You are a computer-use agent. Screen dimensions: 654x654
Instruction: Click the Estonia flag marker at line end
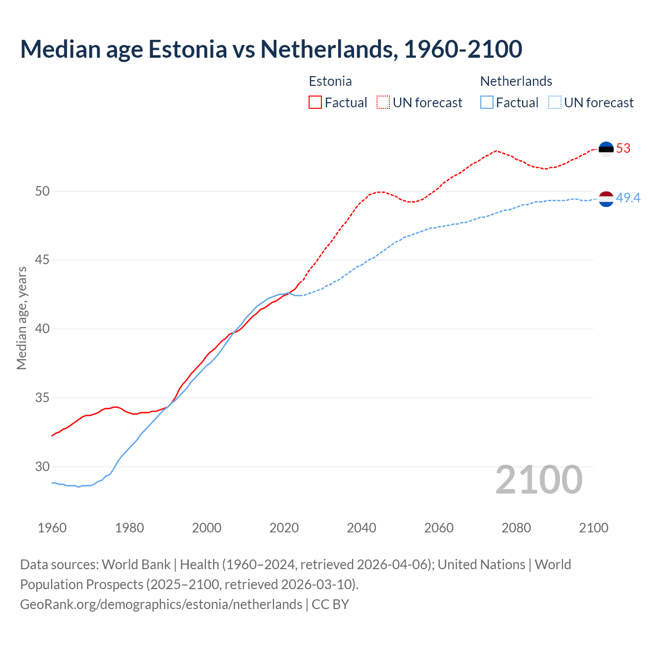coord(606,149)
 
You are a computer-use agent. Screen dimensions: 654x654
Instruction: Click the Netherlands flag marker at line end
coord(606,199)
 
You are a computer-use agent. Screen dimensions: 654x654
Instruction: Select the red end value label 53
coord(623,149)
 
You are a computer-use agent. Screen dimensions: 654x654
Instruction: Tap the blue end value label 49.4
coord(628,198)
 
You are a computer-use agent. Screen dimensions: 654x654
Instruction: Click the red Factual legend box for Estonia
coord(315,103)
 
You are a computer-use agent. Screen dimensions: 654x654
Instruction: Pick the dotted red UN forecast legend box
coord(383,103)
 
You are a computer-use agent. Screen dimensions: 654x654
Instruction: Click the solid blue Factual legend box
coord(487,103)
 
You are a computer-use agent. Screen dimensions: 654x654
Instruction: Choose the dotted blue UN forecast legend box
coord(554,103)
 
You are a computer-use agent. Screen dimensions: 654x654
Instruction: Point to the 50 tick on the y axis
coord(42,192)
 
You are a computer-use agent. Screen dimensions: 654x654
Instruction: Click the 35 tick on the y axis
coord(42,398)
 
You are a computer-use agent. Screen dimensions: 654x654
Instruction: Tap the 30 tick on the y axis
coord(42,467)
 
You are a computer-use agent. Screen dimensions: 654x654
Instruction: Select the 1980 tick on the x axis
coord(129,528)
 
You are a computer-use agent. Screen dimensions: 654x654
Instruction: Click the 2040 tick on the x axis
coord(361,528)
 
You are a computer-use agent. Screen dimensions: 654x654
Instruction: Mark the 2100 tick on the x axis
coord(593,528)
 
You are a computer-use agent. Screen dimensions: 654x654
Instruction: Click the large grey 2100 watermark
coord(539,480)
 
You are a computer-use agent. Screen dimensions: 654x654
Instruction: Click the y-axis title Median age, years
coord(21,318)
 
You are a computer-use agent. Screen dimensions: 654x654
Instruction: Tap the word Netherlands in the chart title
coord(326,49)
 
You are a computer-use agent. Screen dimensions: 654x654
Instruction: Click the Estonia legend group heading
coord(330,81)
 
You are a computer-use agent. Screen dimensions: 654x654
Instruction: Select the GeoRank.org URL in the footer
coord(161,604)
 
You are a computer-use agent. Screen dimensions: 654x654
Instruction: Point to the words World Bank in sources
coord(136,565)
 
